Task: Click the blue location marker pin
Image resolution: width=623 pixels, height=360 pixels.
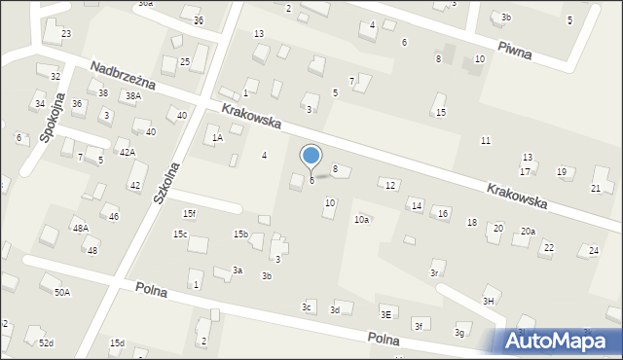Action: click(x=311, y=156)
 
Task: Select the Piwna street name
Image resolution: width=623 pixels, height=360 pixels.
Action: click(x=513, y=51)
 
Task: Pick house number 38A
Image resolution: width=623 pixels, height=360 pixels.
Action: click(x=133, y=95)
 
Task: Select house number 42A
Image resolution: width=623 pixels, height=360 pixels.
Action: click(x=128, y=153)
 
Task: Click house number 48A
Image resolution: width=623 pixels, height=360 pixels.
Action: click(x=80, y=228)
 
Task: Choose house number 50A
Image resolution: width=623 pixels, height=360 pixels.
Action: click(x=62, y=292)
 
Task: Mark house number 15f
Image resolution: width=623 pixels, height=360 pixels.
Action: click(x=189, y=214)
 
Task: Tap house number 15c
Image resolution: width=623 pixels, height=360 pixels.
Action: click(x=180, y=234)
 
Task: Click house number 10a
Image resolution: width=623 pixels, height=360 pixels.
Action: click(x=361, y=220)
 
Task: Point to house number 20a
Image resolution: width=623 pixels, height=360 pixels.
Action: click(x=528, y=232)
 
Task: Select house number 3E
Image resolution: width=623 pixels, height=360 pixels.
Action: click(x=385, y=314)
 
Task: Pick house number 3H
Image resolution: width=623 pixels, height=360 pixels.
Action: click(x=489, y=302)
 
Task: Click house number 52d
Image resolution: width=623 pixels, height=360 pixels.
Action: click(x=46, y=343)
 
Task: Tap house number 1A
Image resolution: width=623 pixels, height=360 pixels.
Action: click(x=218, y=138)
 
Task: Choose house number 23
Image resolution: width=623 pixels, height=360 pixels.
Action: click(x=66, y=34)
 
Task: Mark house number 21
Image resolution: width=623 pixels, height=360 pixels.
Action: click(x=596, y=188)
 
